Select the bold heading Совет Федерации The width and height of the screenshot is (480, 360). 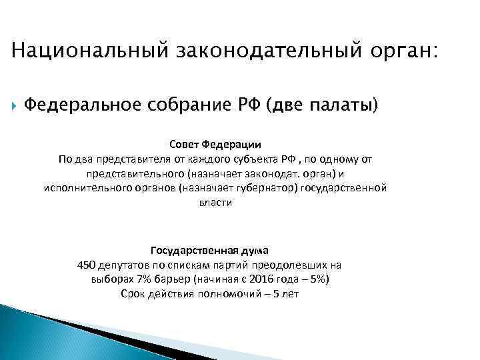pos(215,144)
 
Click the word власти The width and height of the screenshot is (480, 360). pos(215,203)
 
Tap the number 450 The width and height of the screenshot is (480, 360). pos(87,265)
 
